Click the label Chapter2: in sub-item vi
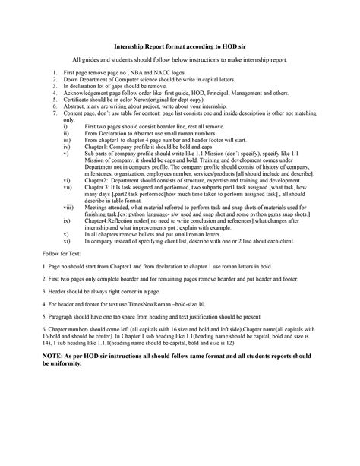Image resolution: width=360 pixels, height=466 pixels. tap(99, 179)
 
